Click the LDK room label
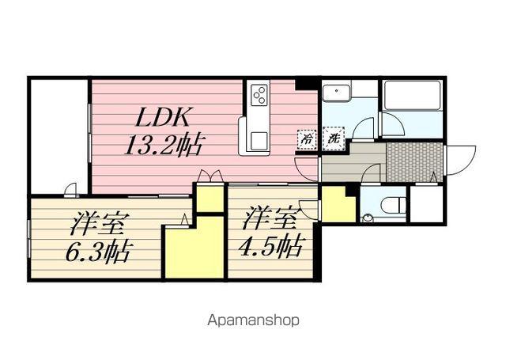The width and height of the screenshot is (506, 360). [x=163, y=119]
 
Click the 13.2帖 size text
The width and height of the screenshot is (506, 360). [x=164, y=146]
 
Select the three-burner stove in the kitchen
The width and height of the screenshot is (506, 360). [x=259, y=95]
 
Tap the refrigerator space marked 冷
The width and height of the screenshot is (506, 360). [x=305, y=139]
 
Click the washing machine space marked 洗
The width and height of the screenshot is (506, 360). [x=334, y=138]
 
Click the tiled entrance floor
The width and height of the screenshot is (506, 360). [x=413, y=161]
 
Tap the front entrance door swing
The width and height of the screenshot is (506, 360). [x=460, y=161]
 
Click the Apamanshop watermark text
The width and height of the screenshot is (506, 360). [x=253, y=320]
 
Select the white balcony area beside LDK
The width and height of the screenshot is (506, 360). [x=59, y=135]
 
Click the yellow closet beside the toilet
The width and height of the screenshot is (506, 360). [x=338, y=205]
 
